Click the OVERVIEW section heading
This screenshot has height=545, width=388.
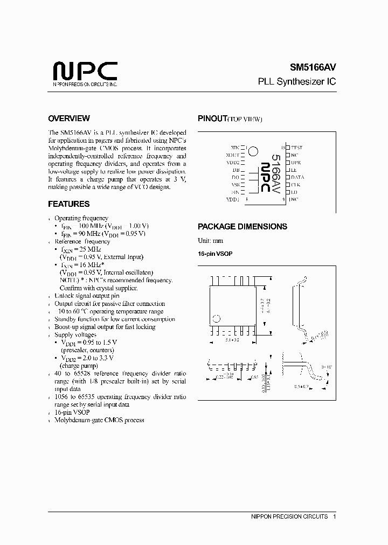click(69, 118)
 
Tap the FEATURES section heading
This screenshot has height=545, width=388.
click(69, 204)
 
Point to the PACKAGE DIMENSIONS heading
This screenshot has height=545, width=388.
click(242, 227)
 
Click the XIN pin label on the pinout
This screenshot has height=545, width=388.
click(234, 147)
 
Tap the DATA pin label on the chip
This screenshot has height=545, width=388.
click(297, 177)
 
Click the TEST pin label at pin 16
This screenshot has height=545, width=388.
click(296, 147)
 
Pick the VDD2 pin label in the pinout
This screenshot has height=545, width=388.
click(233, 162)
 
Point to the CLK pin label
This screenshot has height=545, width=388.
click(295, 185)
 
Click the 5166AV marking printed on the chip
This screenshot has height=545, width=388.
click(275, 173)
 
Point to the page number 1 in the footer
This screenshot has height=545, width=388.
click(335, 516)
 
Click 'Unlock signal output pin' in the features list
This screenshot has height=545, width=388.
click(87, 296)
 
